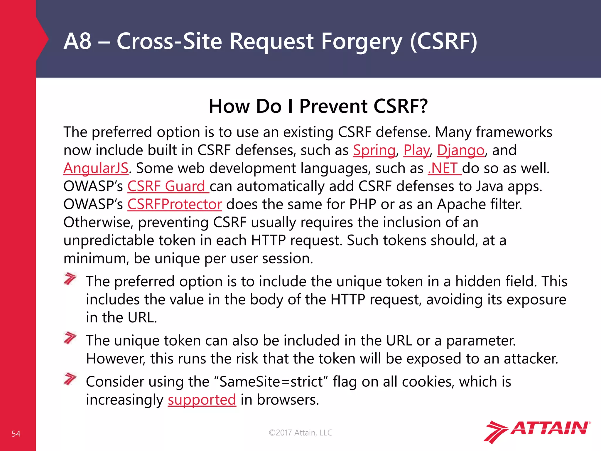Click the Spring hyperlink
374,150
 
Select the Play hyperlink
416,150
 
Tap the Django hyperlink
460,150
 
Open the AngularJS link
96,168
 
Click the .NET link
445,168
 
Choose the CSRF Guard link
168,186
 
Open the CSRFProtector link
175,204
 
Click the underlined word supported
202,400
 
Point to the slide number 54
16,434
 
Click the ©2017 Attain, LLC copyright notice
300,433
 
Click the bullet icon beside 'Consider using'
70,379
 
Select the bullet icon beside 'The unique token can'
70,338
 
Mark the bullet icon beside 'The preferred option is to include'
70,279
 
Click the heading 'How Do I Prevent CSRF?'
318,106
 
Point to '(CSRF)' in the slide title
443,41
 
